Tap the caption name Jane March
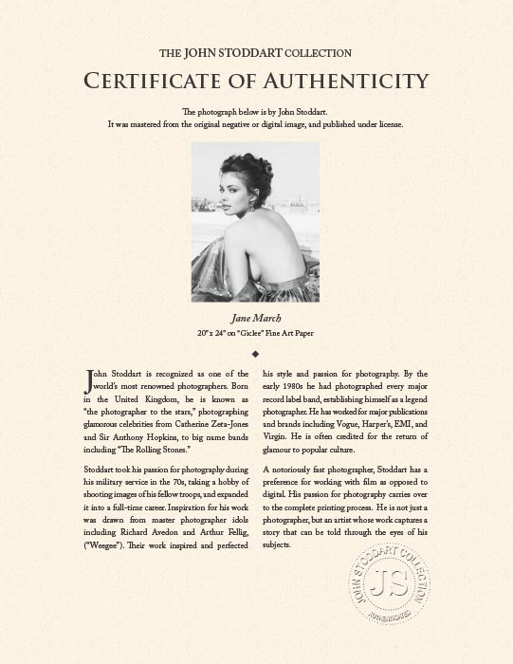[256, 318]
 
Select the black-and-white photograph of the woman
[255, 222]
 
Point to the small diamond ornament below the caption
[256, 353]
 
